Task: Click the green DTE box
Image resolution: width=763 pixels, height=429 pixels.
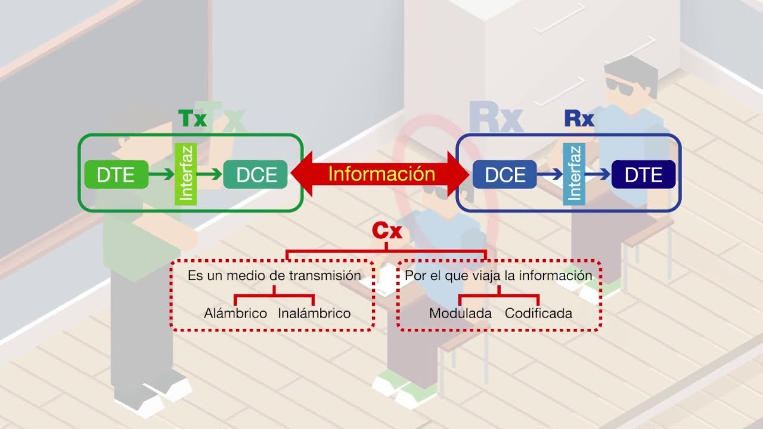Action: (x=116, y=175)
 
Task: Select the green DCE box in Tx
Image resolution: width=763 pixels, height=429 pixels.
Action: (x=255, y=175)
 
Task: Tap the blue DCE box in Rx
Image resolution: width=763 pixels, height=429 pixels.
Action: (x=505, y=175)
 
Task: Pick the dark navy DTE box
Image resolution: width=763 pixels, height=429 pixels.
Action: (x=643, y=175)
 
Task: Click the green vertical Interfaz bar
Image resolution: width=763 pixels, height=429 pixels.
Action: (x=185, y=174)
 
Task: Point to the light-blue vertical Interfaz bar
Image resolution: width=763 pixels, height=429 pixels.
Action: (x=575, y=174)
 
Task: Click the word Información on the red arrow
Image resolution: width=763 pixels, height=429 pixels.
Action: (x=381, y=174)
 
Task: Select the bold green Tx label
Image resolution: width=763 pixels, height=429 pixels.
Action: (x=192, y=119)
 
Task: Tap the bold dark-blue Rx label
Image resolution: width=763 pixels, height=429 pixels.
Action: (x=579, y=119)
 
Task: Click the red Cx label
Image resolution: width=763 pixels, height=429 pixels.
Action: (x=387, y=231)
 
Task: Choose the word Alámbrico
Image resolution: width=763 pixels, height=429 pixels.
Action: (x=235, y=313)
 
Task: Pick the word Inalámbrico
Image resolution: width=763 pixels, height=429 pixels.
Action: (x=314, y=313)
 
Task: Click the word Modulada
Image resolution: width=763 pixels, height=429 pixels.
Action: (x=460, y=313)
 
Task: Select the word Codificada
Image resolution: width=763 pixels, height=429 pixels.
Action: (x=538, y=313)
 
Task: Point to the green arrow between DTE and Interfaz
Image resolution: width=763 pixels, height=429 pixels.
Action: (x=160, y=175)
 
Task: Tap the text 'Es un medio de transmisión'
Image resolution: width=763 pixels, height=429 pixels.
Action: (x=274, y=276)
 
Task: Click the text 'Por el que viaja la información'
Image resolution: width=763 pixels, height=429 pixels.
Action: (x=498, y=276)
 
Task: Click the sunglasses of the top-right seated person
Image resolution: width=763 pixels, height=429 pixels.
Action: (x=621, y=83)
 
